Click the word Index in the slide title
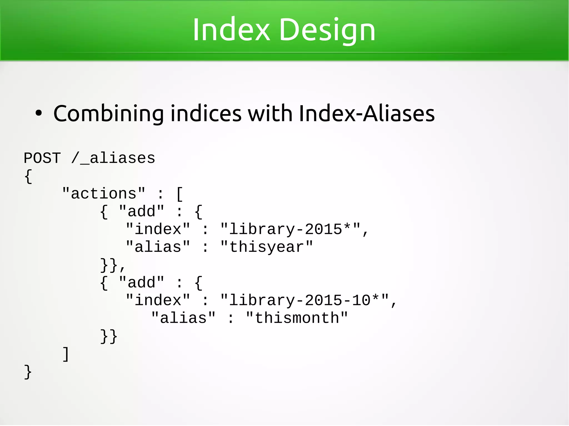[231, 30]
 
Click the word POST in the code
[42, 158]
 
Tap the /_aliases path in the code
[113, 158]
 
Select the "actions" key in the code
[104, 193]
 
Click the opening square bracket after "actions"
[179, 194]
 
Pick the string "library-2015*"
[290, 229]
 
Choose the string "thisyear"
[267, 247]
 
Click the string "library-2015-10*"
[305, 300]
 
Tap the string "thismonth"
[297, 318]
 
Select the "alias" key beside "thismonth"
[183, 318]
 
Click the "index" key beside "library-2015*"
[158, 229]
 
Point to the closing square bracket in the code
[66, 354]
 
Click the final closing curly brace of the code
[28, 372]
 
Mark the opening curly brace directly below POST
[28, 176]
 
